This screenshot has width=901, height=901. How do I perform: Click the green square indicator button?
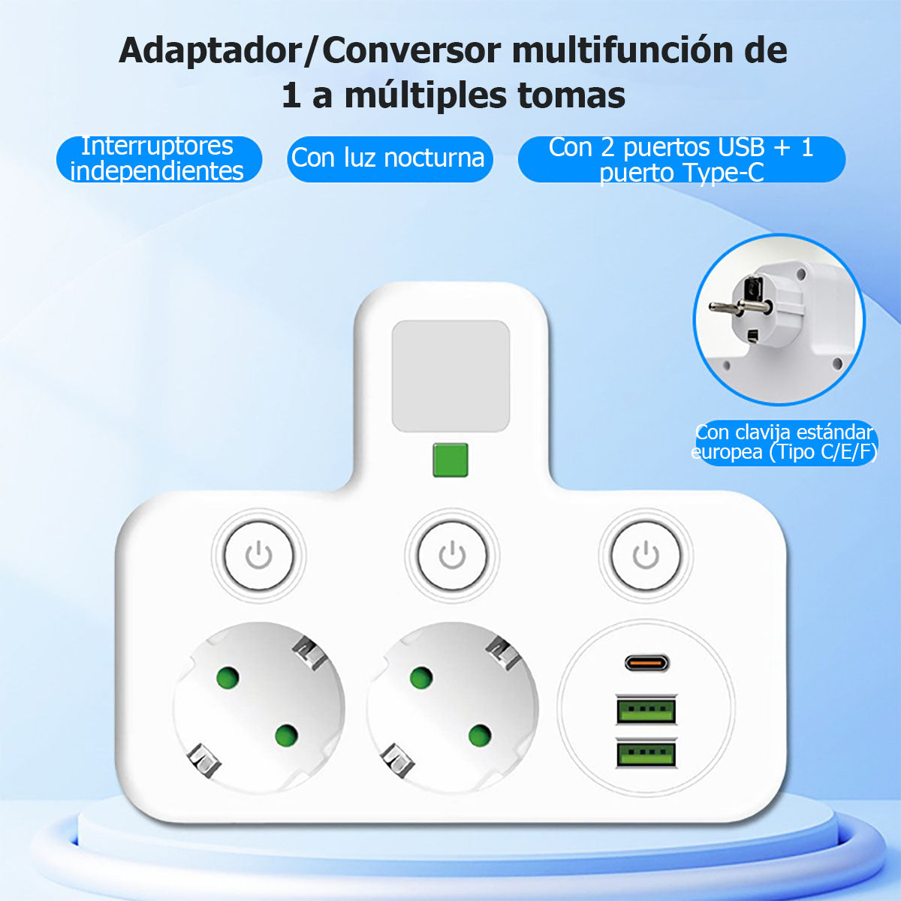point(450,460)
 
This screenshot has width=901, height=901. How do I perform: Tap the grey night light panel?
point(450,376)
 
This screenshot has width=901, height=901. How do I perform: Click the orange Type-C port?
point(646,663)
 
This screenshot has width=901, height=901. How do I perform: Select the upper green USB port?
point(646,710)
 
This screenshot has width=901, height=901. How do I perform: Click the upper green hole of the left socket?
point(228,677)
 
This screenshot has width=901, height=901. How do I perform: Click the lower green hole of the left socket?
point(287,736)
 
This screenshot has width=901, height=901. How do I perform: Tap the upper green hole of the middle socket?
point(421,677)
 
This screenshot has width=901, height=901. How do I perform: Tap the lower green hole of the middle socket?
point(480,736)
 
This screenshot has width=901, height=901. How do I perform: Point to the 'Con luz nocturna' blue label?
point(390,158)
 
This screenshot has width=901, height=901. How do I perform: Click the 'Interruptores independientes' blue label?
point(159,158)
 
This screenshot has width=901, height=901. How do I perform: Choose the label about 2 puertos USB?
point(682,159)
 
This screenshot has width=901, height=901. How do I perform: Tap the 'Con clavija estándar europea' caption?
point(784,442)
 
